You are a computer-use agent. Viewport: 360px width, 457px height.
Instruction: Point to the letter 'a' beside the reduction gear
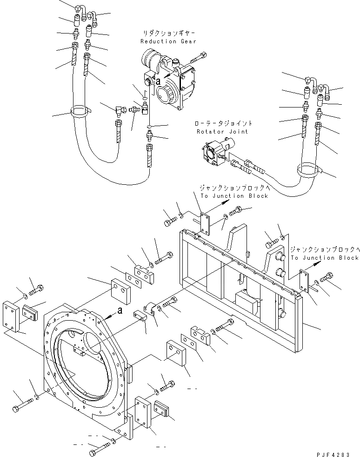coord(159,81)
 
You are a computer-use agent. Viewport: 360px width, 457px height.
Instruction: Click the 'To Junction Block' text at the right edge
coord(325,257)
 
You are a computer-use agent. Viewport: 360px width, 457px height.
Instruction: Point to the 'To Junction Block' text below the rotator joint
coord(234,196)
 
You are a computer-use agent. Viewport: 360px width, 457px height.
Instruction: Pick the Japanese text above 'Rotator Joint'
coord(224,124)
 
